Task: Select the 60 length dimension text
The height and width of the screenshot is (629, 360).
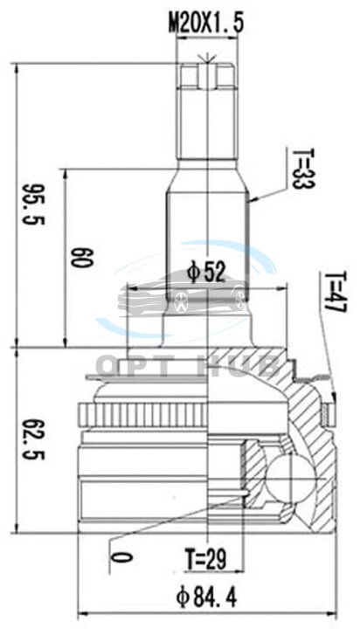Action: [82, 258]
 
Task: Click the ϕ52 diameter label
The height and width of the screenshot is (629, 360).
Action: [207, 273]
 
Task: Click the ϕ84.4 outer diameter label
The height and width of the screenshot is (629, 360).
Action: [207, 598]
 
